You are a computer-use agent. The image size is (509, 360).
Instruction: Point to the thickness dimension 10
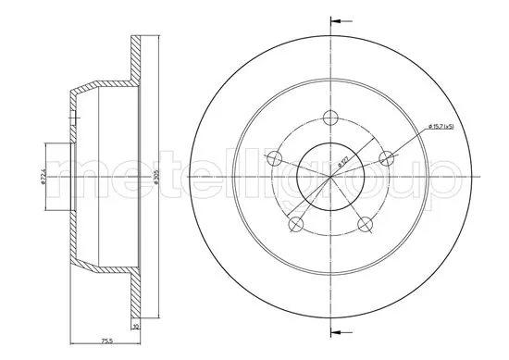click(x=135, y=327)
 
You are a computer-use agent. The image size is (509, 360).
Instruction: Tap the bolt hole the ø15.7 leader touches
click(x=389, y=157)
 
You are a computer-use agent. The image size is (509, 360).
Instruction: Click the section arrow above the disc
click(x=340, y=19)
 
